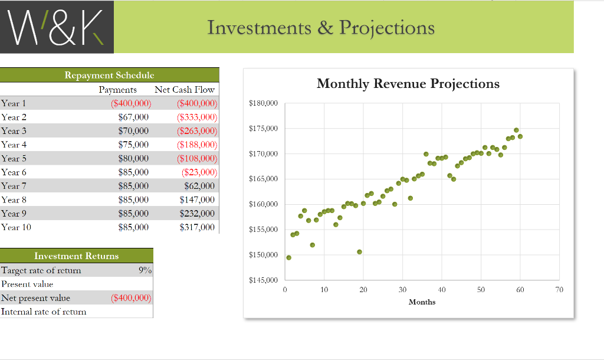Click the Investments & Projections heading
(321, 28)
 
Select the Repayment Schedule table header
(109, 75)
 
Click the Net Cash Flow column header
(185, 90)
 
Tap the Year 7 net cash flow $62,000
(199, 186)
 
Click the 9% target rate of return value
(145, 270)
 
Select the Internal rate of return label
(44, 312)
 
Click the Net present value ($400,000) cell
(131, 298)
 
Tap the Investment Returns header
(77, 256)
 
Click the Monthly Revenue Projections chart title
(408, 84)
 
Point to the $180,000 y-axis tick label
(264, 104)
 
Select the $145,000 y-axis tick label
(264, 280)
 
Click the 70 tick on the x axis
(559, 290)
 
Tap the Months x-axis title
(422, 302)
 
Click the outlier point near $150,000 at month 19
(359, 252)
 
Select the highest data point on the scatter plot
(516, 130)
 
